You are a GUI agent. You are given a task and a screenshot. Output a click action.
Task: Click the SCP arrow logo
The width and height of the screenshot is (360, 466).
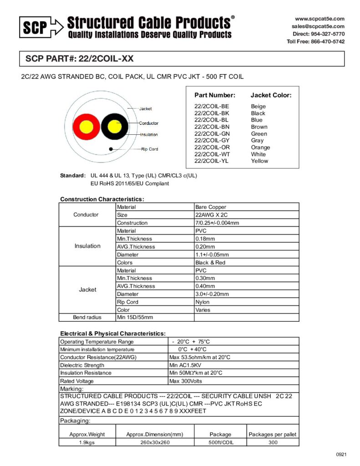coord(41,27)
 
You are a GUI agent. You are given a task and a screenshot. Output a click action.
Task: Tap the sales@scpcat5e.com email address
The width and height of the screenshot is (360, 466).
coord(318,26)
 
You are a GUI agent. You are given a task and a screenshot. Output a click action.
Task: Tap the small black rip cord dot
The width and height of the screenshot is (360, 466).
coord(111,149)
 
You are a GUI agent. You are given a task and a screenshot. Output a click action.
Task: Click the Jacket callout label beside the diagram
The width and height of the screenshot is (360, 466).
coord(146,109)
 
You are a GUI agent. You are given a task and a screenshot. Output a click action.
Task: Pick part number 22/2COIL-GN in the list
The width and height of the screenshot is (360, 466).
coord(212,134)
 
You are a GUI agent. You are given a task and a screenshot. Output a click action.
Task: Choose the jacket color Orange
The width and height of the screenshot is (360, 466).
coord(260,147)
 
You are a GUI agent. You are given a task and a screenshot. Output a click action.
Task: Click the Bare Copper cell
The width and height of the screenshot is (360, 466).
coord(211,207)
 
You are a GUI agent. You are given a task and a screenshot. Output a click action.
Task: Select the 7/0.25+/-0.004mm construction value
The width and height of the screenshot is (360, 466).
coord(217,223)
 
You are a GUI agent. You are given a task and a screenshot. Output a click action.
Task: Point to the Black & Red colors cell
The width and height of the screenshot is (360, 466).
coord(210,263)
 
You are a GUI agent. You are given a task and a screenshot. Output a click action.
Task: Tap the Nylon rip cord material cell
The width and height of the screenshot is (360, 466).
coord(203,302)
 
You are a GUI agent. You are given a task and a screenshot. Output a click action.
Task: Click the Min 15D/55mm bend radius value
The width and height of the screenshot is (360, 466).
coord(135,317)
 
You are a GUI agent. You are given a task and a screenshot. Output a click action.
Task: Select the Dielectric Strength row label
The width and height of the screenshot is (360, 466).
coord(82,365)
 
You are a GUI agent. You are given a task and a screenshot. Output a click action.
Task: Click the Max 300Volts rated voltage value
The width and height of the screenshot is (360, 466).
coord(186,381)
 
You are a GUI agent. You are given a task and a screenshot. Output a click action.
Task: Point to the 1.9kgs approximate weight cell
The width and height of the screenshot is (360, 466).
coord(87,442)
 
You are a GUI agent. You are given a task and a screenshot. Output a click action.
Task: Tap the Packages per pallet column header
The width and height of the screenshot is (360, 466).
coord(272,434)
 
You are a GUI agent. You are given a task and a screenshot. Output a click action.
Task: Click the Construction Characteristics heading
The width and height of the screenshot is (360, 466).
coord(102,199)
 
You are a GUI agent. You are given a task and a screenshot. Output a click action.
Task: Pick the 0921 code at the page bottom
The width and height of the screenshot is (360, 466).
coord(341,455)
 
